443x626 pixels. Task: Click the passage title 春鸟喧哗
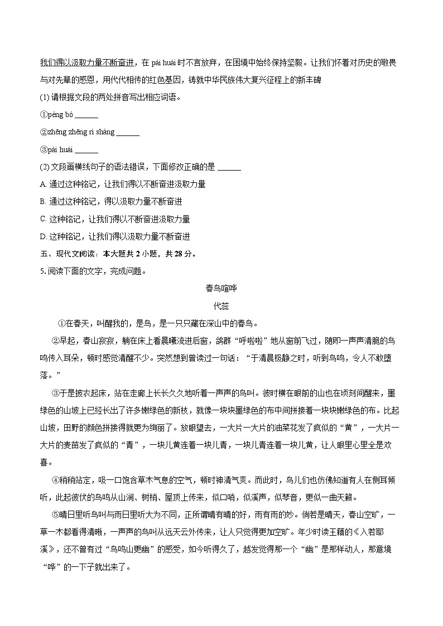point(222,288)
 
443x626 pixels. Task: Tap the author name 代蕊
point(222,305)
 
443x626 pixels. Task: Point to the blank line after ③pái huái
point(86,150)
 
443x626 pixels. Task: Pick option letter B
point(43,202)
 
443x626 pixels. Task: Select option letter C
point(43,219)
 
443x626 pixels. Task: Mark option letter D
point(43,236)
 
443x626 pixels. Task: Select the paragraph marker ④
point(55,480)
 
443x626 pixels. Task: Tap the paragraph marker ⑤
point(55,515)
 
